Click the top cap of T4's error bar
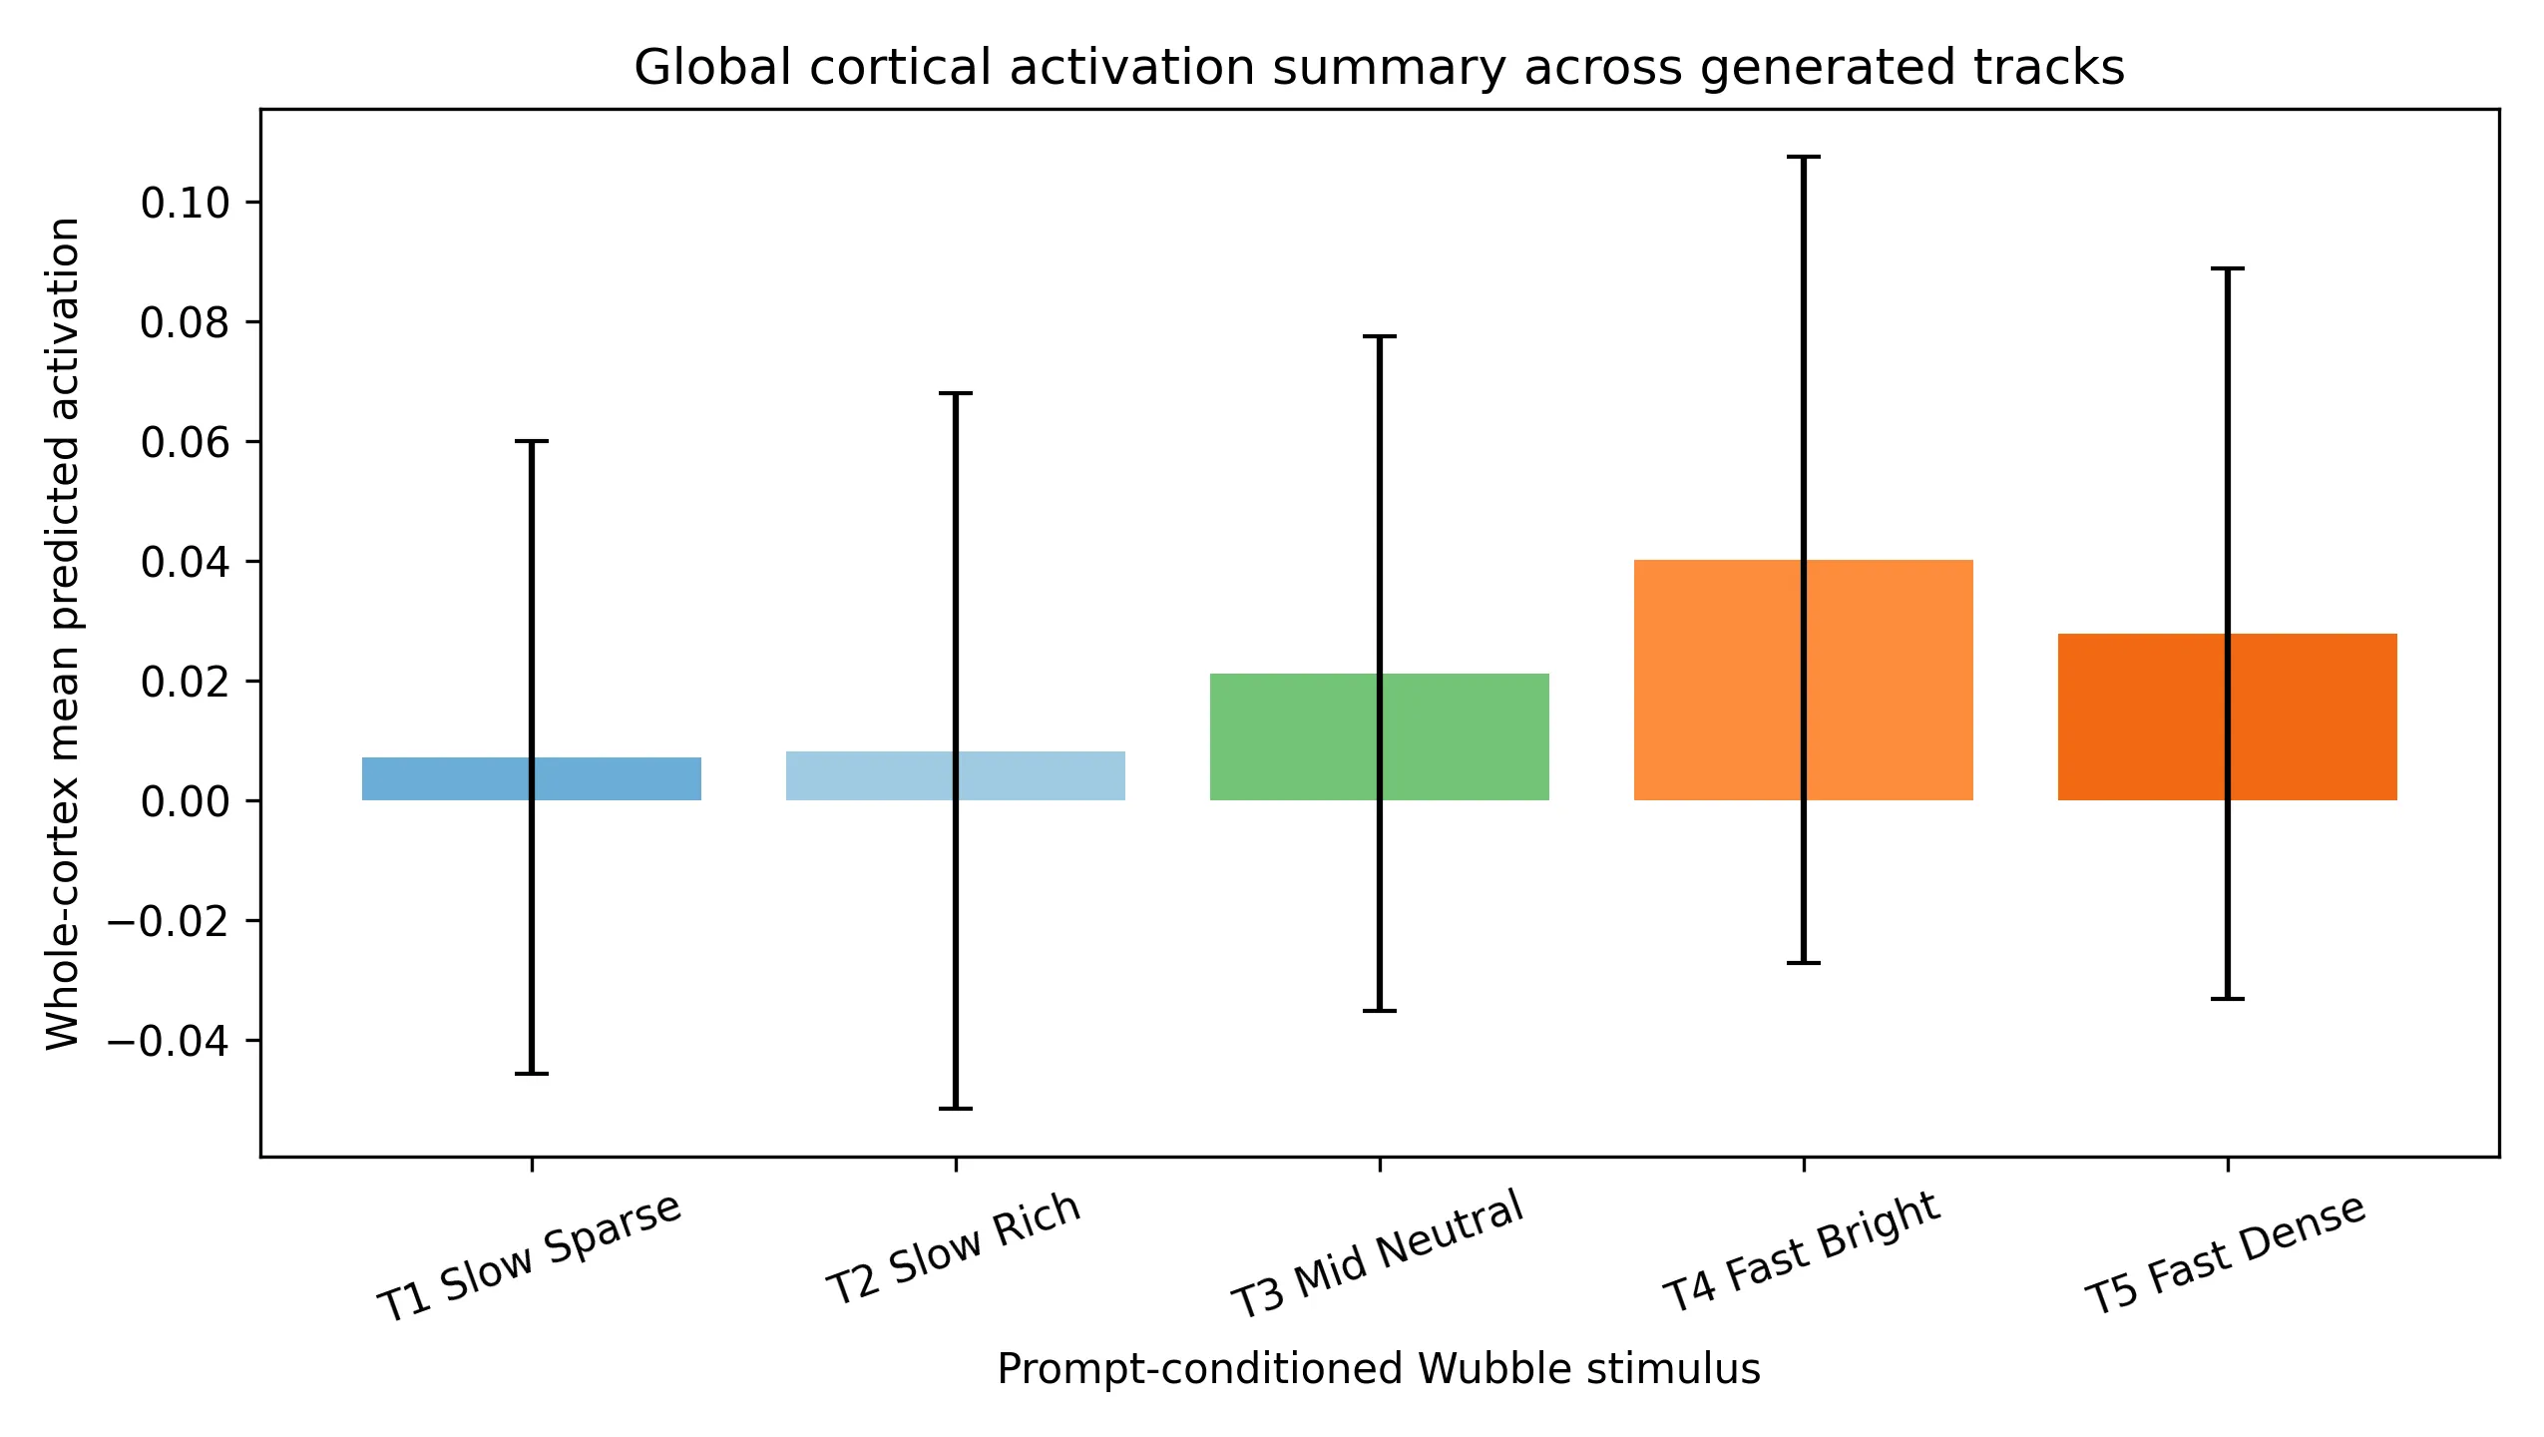point(1803,158)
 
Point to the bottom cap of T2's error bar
point(955,1109)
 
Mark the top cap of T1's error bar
point(531,441)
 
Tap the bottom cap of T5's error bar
point(2227,999)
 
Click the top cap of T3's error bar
point(1379,337)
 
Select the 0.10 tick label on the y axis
point(186,204)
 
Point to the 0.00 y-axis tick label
point(186,801)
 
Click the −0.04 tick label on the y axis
point(170,1041)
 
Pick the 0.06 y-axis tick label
point(186,442)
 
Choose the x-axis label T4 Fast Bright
point(1801,1251)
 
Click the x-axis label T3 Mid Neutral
point(1377,1254)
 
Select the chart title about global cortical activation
point(1379,68)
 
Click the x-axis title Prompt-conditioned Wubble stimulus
point(1379,1369)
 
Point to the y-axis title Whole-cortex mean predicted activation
point(64,633)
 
